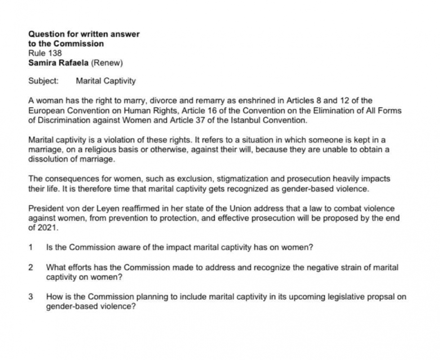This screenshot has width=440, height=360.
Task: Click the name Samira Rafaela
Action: (58, 63)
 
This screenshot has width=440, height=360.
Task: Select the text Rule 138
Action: (45, 53)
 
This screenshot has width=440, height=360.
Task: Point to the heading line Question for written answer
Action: (84, 34)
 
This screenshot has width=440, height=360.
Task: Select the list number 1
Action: (30, 247)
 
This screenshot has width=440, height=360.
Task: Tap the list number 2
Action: (31, 267)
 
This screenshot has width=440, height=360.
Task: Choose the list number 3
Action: (31, 297)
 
